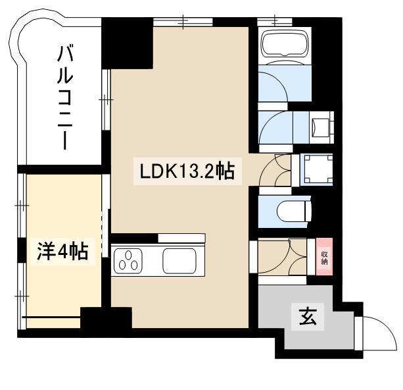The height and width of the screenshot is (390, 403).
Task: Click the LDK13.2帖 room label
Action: pyautogui.click(x=187, y=171)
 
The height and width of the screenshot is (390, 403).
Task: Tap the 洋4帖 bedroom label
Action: pyautogui.click(x=63, y=251)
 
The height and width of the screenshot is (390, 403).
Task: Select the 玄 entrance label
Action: pyautogui.click(x=308, y=317)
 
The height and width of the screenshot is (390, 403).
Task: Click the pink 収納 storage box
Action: pyautogui.click(x=324, y=257)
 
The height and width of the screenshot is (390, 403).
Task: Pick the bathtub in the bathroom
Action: pyautogui.click(x=285, y=43)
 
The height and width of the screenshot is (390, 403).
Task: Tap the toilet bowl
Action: pyautogui.click(x=294, y=211)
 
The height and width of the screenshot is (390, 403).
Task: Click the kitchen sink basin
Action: pyautogui.click(x=179, y=261)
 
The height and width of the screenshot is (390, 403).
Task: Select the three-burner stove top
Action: pyautogui.click(x=128, y=261)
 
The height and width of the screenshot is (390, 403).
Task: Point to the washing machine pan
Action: pyautogui.click(x=317, y=169)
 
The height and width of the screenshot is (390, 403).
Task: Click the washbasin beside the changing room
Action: pyautogui.click(x=321, y=127)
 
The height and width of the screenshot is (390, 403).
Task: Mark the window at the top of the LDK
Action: pyautogui.click(x=183, y=22)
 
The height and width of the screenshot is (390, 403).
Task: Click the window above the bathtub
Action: pyautogui.click(x=275, y=21)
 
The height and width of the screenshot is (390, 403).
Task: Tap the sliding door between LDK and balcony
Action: pyautogui.click(x=106, y=99)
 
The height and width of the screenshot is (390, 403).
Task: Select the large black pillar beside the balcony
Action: pyautogui.click(x=128, y=43)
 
